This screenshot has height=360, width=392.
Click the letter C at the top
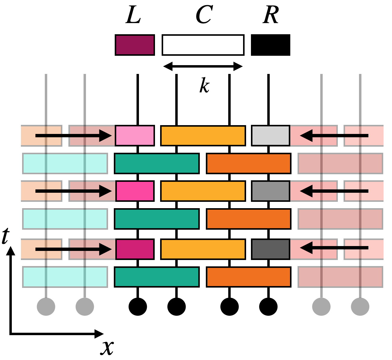(204, 15)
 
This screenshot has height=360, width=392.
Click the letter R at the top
(270, 15)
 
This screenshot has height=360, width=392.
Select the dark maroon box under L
(135, 45)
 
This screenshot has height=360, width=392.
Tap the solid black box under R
(271, 45)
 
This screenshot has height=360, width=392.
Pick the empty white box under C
(203, 45)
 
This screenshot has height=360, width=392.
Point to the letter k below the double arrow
(204, 86)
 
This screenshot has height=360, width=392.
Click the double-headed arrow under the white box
(203, 66)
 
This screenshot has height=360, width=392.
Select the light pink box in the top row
(135, 135)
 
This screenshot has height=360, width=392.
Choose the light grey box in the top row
(271, 135)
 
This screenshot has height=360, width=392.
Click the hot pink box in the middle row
(135, 191)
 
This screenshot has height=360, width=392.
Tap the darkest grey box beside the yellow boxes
(271, 249)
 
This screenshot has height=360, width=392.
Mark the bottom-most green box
(157, 277)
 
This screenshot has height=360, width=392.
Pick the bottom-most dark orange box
(249, 277)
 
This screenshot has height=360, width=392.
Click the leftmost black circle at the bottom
(138, 306)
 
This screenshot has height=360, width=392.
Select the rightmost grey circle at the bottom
(360, 306)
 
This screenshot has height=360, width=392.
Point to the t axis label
(5, 236)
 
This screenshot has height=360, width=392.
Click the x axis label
(107, 347)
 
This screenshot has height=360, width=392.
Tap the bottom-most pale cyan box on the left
(65, 277)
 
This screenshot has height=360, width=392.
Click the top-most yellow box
(203, 135)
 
